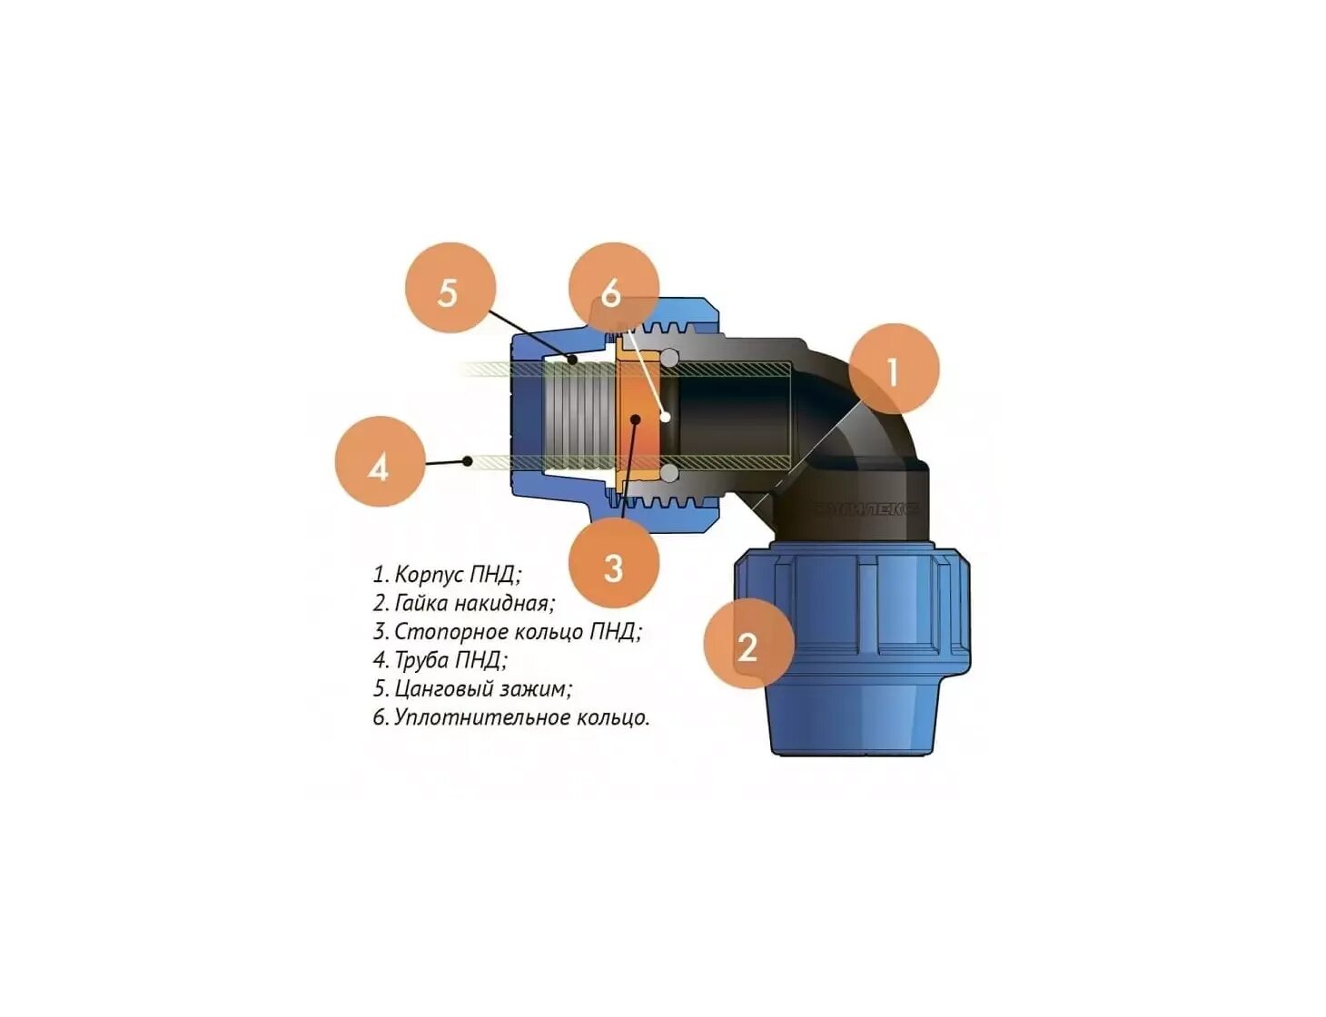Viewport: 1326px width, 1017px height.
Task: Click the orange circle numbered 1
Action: [x=893, y=369]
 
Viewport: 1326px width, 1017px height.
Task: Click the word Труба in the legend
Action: [x=421, y=660]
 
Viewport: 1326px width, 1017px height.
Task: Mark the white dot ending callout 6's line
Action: [x=666, y=417]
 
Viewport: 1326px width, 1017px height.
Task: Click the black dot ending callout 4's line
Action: [x=468, y=460]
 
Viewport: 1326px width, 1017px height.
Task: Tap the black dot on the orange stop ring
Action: [x=636, y=419]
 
